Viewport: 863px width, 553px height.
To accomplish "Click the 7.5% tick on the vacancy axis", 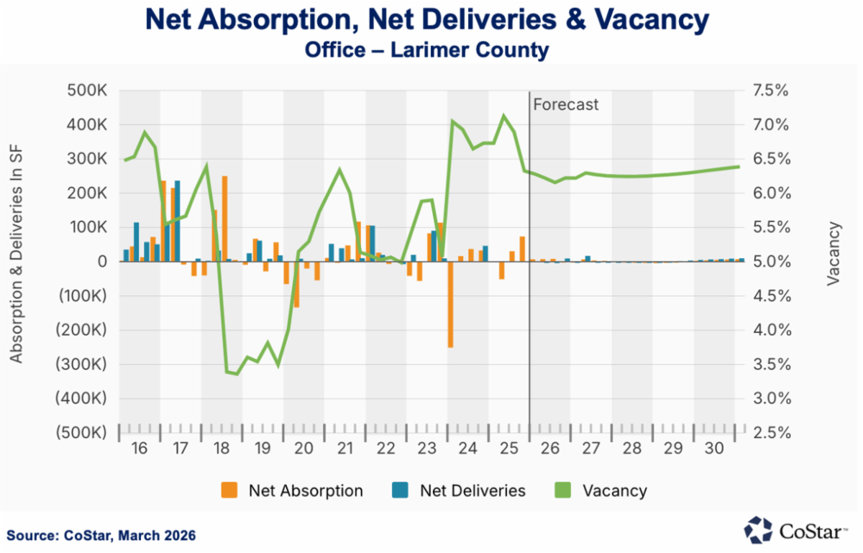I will tap(770, 91).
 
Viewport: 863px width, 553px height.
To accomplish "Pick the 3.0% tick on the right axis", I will tap(770, 398).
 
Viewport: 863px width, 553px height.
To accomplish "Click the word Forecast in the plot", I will tap(566, 104).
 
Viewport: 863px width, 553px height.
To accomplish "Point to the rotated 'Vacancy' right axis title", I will tap(834, 254).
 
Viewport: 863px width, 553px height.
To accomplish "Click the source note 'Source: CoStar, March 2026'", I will tap(101, 536).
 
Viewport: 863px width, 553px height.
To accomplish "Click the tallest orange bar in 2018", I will tap(224, 219).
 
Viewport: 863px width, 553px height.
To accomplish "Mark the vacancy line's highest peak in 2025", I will tap(504, 115).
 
